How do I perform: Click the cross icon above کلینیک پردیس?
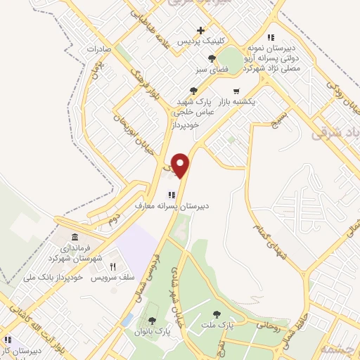tap(202, 30)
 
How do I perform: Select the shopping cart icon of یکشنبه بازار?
tap(236, 90)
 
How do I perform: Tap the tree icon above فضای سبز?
tap(212, 59)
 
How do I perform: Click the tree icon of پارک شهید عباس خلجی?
tap(194, 90)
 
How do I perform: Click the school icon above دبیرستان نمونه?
tap(270, 37)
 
